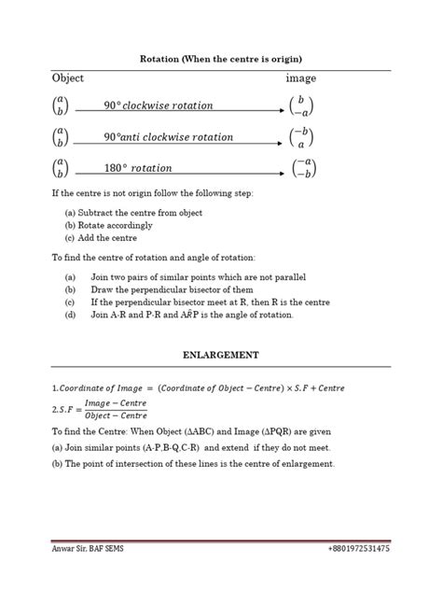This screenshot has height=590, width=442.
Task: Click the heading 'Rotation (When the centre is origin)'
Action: (x=222, y=58)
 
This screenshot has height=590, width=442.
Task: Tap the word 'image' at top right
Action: (x=300, y=79)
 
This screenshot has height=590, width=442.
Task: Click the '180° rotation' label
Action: (x=138, y=168)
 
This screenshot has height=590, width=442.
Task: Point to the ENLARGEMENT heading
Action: (x=221, y=356)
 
